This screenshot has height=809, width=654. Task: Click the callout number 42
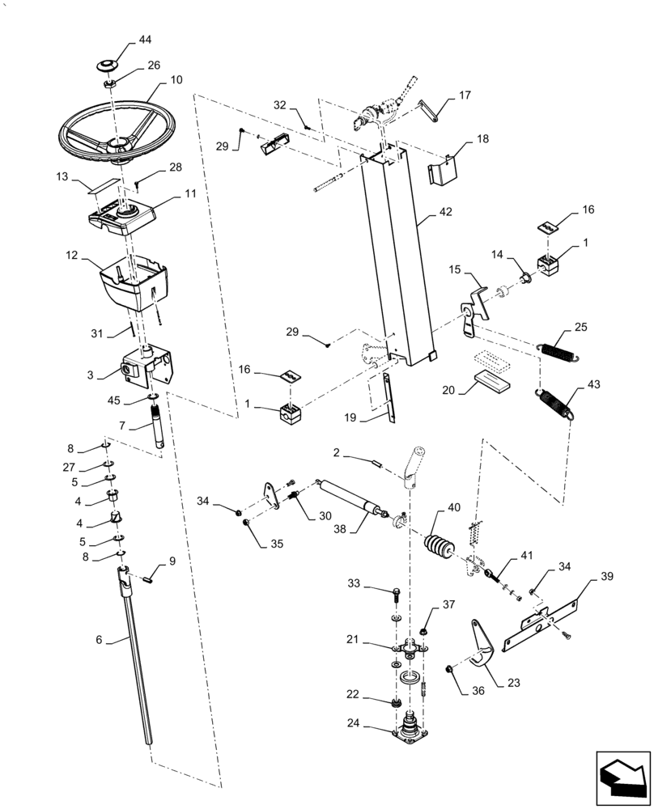point(447,211)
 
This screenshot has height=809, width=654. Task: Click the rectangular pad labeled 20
point(492,379)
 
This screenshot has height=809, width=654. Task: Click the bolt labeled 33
point(395,597)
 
